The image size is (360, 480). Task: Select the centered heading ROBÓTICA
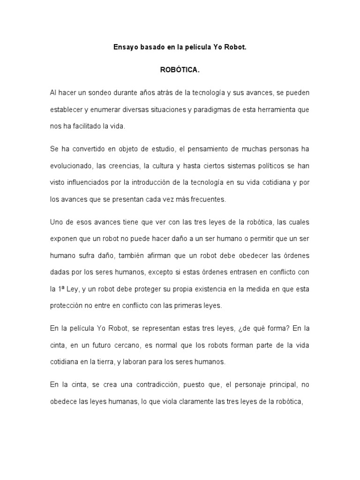tap(180, 70)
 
